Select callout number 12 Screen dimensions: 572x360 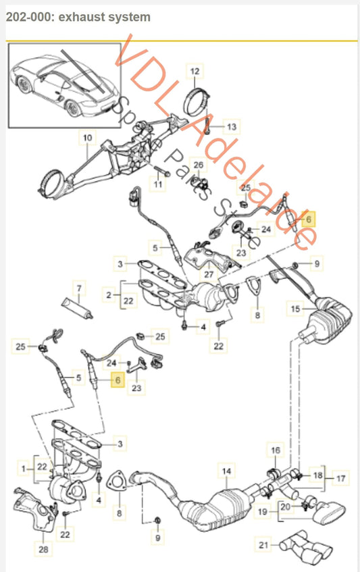(x=195, y=71)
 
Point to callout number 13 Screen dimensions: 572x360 (x=231, y=126)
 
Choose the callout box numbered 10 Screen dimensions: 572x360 (x=86, y=138)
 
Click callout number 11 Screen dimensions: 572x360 (x=158, y=184)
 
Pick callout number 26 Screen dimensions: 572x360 (x=199, y=165)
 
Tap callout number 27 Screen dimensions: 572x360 (x=208, y=275)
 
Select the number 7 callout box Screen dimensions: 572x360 (x=78, y=288)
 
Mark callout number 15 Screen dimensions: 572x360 (x=294, y=309)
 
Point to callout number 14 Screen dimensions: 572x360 (x=226, y=469)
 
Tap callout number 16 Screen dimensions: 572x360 (x=274, y=450)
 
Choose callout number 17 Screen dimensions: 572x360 (x=342, y=478)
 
